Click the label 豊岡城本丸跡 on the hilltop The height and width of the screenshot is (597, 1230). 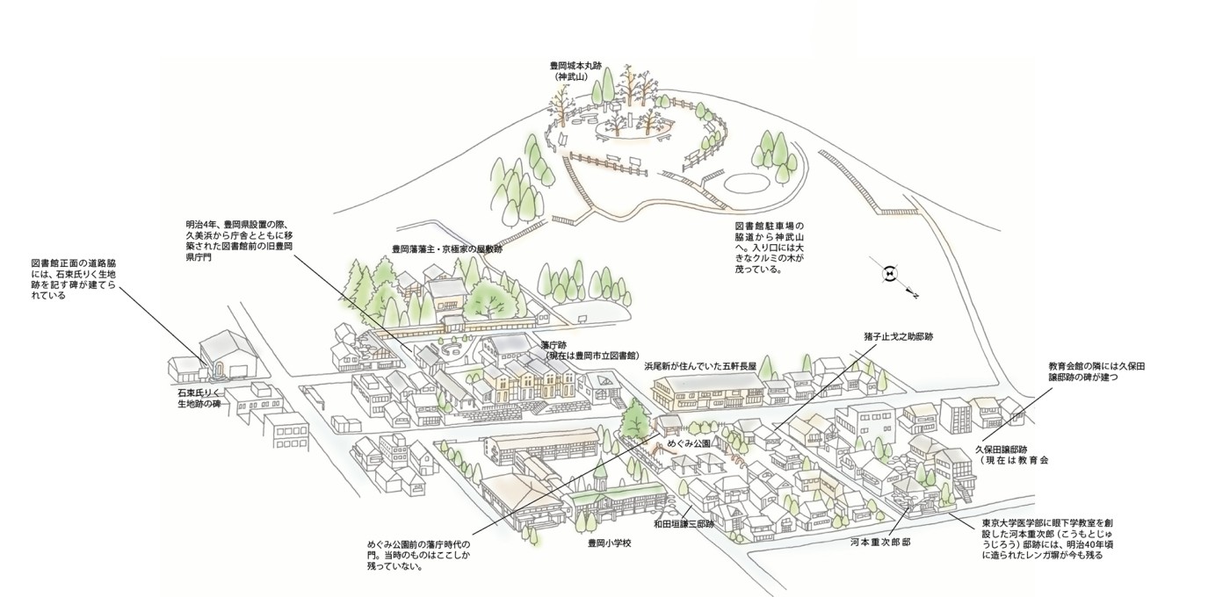click(x=575, y=66)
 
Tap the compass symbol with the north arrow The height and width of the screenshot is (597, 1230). click(x=890, y=274)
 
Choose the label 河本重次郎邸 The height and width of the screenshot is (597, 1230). click(x=879, y=543)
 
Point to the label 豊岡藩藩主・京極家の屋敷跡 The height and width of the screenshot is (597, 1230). click(x=446, y=249)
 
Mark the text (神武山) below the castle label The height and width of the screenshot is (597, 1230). click(x=575, y=77)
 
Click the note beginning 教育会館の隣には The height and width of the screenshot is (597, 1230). click(x=1097, y=371)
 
